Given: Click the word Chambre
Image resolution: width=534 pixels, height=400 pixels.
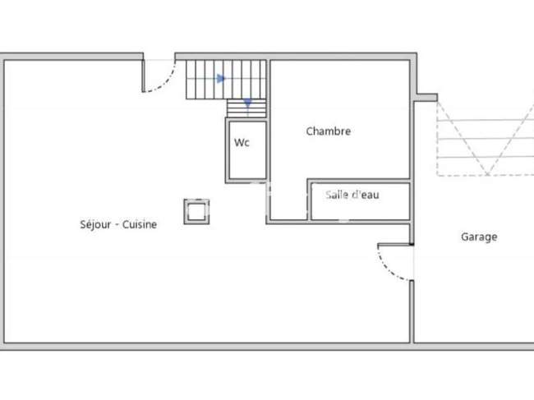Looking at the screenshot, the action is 329,131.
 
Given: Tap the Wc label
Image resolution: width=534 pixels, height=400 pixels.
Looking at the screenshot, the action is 242,142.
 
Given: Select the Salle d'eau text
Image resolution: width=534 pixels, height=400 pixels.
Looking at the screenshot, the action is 352,195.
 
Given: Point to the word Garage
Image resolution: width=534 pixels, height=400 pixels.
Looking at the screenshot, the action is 479,237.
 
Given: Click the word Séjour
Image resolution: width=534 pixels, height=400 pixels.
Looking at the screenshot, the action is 95,225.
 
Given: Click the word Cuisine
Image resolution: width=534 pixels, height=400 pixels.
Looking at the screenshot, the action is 140,224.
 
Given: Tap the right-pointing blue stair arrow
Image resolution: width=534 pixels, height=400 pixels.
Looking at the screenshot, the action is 221,79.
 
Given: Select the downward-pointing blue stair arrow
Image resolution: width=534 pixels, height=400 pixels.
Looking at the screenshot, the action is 247,103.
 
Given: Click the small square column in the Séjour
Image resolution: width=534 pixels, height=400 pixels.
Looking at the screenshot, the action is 196,212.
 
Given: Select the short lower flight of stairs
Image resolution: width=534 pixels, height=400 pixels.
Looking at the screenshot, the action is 246,108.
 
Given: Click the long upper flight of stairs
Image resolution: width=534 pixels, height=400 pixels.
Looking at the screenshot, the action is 226,80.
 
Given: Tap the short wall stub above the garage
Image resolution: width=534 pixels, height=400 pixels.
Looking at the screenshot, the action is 427,98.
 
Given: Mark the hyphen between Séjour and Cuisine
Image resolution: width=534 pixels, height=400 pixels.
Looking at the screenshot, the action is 117,225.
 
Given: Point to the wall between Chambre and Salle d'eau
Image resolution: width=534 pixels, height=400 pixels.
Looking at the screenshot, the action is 358,181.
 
